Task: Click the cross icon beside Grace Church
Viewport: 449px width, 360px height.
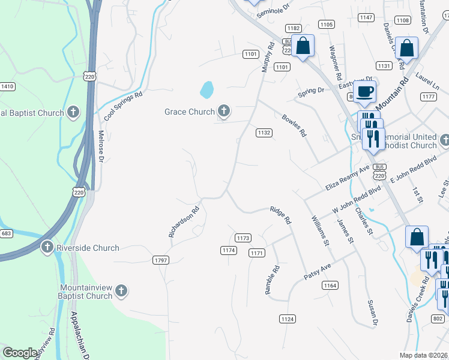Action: (x=223, y=111)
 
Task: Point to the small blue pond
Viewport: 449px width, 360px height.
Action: (x=206, y=90)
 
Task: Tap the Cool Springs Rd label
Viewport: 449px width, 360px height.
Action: (x=122, y=104)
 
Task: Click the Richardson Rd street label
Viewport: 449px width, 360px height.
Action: (x=184, y=223)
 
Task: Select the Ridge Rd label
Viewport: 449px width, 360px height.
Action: (x=280, y=215)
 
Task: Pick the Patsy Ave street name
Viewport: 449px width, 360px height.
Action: (x=318, y=270)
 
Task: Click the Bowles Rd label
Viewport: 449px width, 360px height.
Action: (x=294, y=124)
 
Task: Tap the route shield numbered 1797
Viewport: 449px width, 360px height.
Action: (x=161, y=260)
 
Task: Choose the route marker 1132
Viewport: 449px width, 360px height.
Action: (x=264, y=132)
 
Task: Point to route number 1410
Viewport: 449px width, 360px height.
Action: (x=7, y=87)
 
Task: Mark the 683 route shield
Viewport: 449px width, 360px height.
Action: (x=7, y=233)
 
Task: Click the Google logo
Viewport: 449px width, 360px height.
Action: (x=20, y=353)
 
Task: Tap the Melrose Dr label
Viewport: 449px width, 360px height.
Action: (x=101, y=146)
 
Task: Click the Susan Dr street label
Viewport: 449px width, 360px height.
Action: (x=372, y=331)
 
